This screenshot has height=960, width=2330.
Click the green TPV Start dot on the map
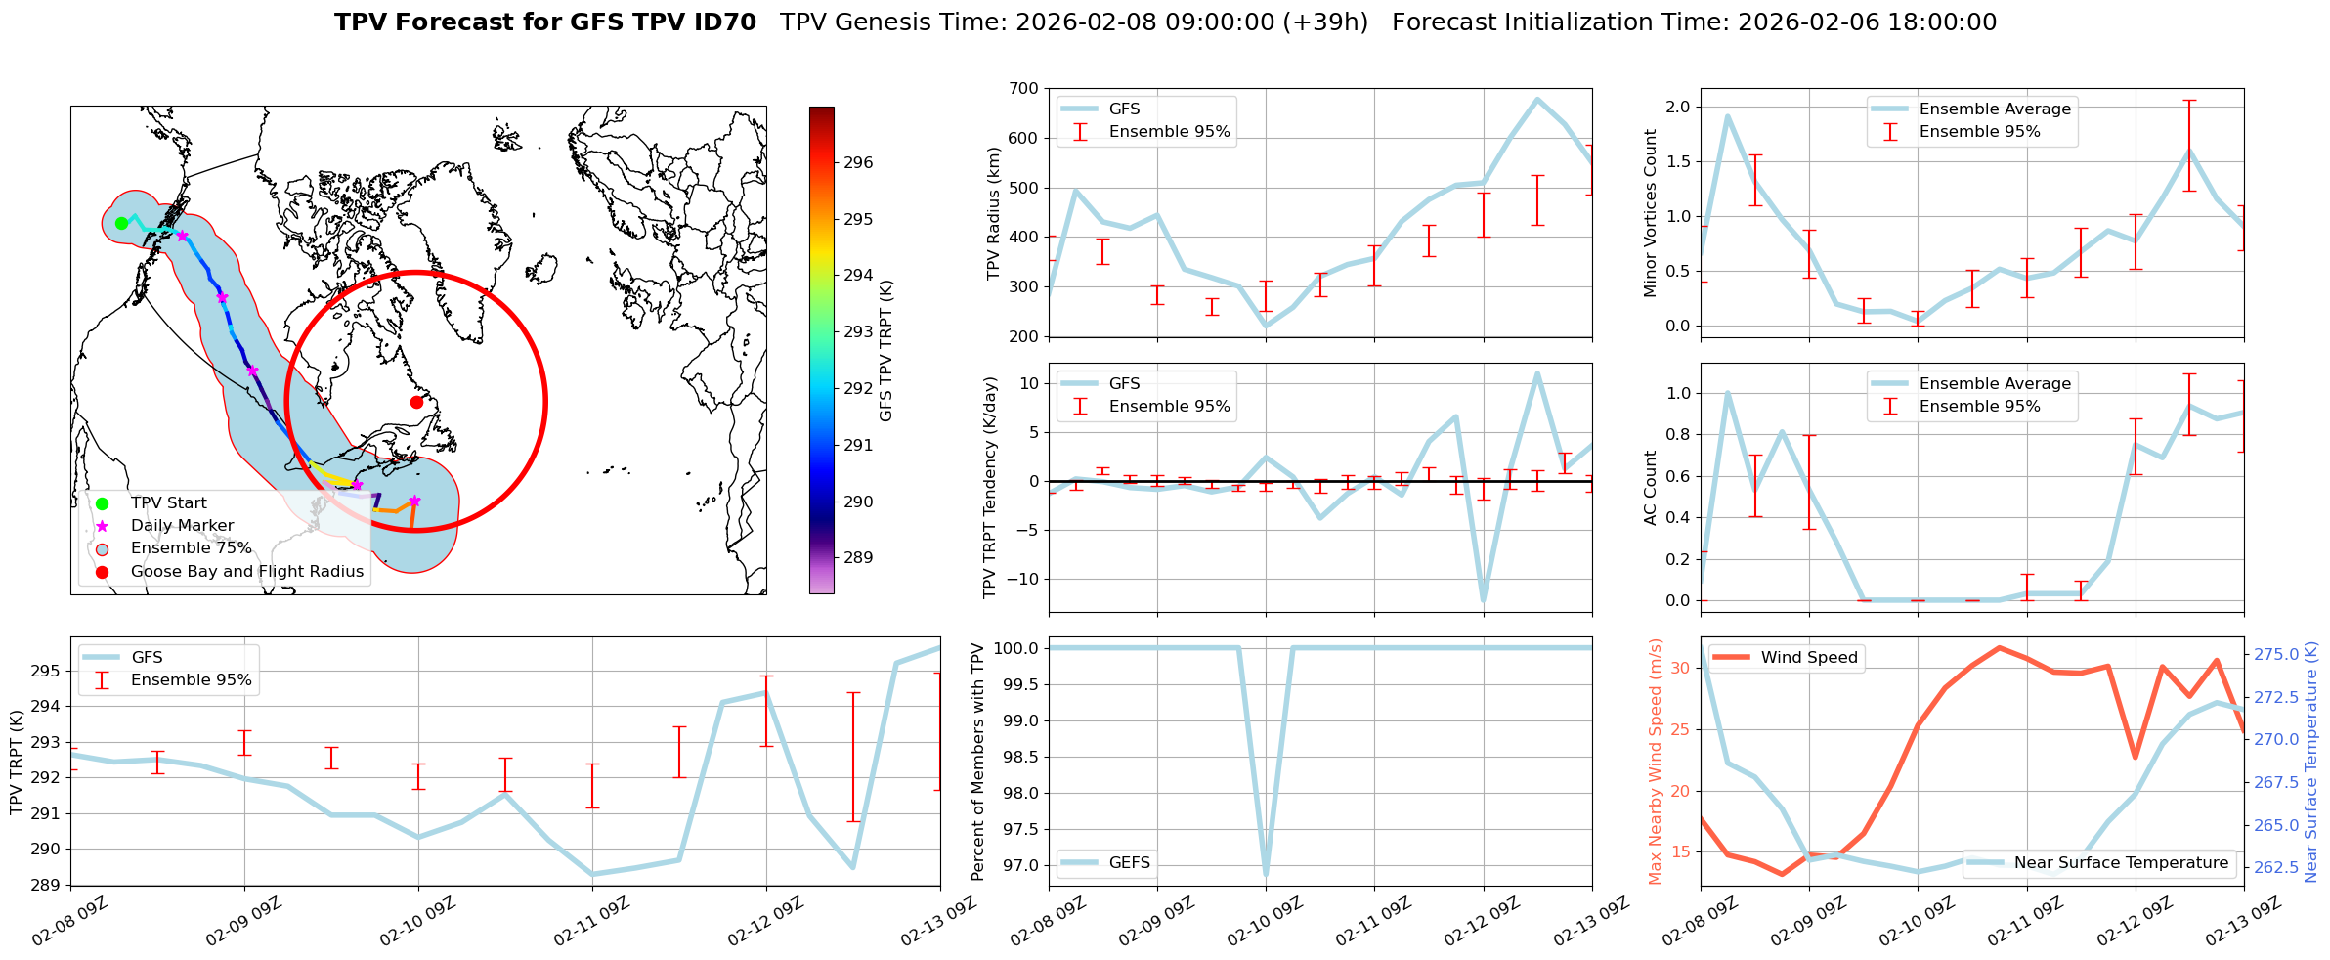click(121, 223)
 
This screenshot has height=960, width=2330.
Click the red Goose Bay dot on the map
click(416, 402)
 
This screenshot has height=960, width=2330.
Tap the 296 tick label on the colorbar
click(858, 162)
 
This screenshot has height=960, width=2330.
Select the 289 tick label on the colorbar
click(858, 558)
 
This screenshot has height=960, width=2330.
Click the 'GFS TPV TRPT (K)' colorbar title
click(886, 351)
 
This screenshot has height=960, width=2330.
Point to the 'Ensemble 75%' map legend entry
click(191, 548)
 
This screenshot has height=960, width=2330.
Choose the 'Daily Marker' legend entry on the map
click(182, 526)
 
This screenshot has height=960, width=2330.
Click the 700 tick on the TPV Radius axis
click(1024, 89)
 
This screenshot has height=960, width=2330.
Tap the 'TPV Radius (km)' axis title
click(994, 213)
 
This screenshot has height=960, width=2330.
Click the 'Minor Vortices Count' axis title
click(1651, 213)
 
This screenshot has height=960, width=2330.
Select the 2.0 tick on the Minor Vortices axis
click(1679, 107)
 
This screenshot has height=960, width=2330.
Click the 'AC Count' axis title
click(1651, 488)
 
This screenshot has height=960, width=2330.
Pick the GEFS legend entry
click(1129, 863)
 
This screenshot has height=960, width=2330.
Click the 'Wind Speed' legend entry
click(1808, 658)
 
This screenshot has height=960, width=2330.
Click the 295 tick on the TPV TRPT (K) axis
click(46, 672)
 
